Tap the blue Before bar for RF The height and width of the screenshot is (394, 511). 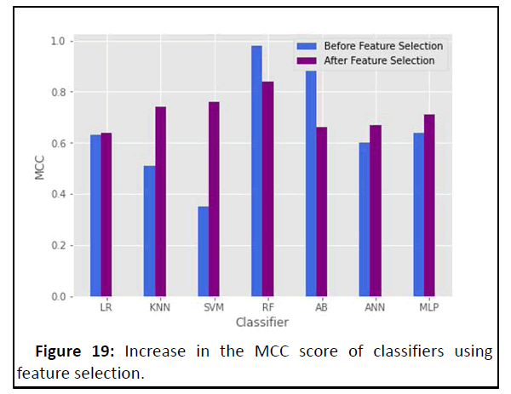click(x=256, y=170)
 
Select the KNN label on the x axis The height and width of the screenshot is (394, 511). click(x=155, y=309)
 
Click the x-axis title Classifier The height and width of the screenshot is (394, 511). click(x=261, y=323)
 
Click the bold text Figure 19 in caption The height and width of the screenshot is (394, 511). click(x=73, y=352)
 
